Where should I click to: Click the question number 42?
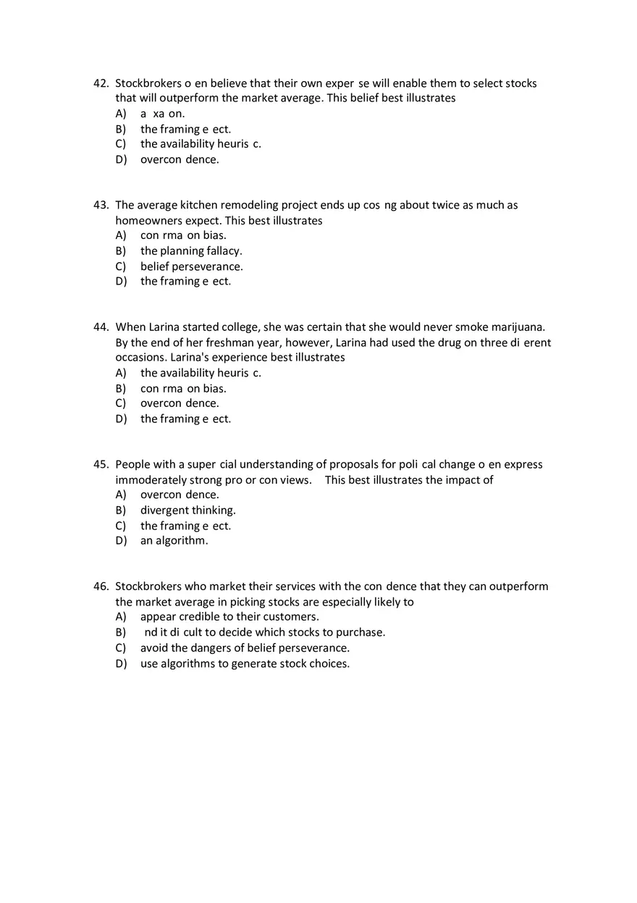101,83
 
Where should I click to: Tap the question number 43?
101,205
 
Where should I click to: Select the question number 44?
101,327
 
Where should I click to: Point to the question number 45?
101,464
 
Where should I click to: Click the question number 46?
101,587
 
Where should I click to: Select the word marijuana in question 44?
517,327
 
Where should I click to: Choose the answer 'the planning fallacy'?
191,251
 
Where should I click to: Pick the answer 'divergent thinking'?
187,510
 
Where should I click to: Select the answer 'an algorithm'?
174,541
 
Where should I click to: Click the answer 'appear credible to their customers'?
229,617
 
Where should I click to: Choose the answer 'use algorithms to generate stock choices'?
245,663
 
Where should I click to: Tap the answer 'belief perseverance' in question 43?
191,266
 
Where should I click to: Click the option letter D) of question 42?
121,159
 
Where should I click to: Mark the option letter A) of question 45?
121,495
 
